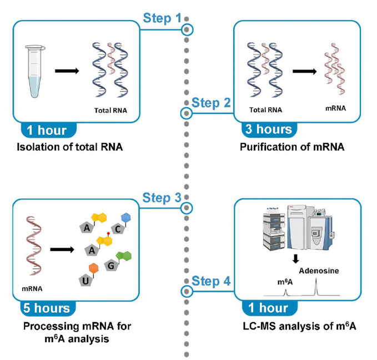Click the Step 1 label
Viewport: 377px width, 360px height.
[162, 18]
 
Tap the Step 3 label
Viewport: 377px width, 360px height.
[162, 198]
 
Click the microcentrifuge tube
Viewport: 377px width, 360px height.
[34, 71]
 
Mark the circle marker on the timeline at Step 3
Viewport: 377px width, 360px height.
[188, 208]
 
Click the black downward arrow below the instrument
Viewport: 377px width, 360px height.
[296, 259]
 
